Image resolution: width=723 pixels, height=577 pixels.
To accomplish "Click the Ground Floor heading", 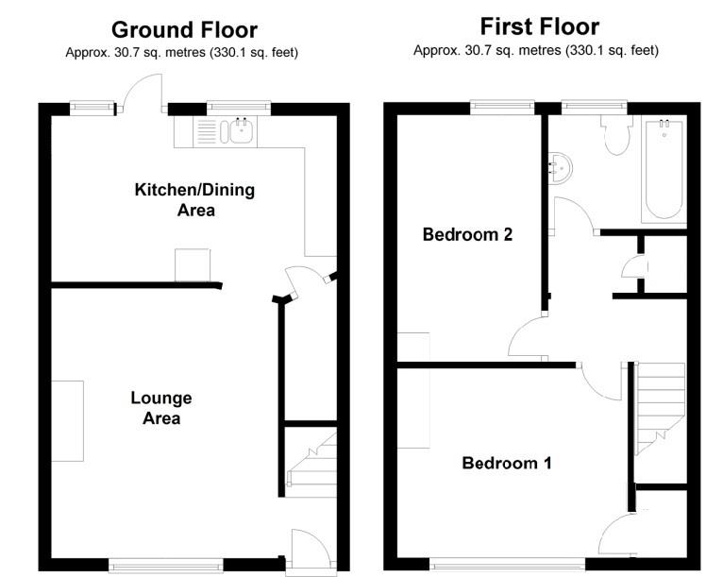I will point(184,30).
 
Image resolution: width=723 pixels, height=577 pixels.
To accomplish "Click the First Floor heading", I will point(539,25).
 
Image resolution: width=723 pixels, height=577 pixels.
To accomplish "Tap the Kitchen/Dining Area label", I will point(195,199).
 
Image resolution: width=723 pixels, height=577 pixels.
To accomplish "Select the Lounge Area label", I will point(161,408).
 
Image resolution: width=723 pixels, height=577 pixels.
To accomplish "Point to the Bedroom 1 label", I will point(507,463).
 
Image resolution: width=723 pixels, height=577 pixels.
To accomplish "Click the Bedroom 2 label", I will point(467,234).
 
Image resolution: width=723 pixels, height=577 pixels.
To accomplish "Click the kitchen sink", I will point(236,130).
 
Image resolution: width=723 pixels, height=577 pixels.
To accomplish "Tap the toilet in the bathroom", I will point(617,136).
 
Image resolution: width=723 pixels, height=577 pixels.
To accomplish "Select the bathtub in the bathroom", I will point(664,168).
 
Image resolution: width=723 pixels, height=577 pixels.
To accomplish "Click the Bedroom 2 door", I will point(529,337).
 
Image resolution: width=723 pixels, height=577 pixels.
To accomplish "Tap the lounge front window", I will point(166,566).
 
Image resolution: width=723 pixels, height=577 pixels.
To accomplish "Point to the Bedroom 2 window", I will point(502,109).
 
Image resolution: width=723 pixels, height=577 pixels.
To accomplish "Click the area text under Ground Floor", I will point(182,53).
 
